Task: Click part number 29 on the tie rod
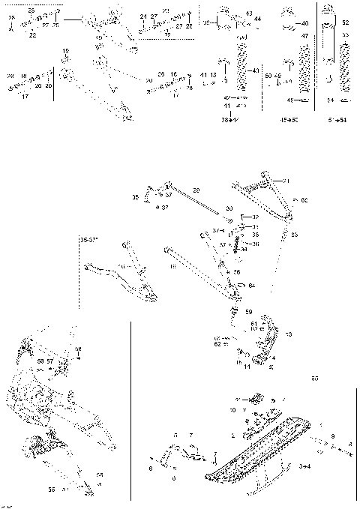(196, 190)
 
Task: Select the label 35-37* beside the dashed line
(90, 240)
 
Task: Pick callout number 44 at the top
(258, 18)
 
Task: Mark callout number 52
(346, 22)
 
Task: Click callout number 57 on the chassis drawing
(51, 361)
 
